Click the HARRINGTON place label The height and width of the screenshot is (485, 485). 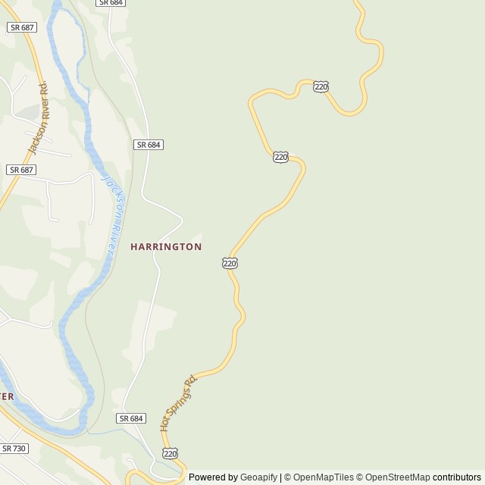(166, 247)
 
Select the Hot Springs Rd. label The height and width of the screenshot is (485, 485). (178, 403)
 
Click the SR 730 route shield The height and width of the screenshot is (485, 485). (14, 449)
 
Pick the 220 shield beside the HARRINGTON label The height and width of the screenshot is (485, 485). (230, 263)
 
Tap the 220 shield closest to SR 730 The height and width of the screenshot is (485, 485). (170, 453)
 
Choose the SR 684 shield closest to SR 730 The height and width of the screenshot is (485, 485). (131, 418)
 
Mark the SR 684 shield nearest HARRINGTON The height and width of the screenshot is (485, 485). (149, 145)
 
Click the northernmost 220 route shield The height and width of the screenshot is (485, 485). (321, 86)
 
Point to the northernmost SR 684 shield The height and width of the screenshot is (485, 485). (111, 3)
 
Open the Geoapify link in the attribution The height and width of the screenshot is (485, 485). (258, 477)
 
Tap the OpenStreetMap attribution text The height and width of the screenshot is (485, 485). (397, 477)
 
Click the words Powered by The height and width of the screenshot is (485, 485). (213, 477)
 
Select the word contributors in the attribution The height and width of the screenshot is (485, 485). (457, 477)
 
